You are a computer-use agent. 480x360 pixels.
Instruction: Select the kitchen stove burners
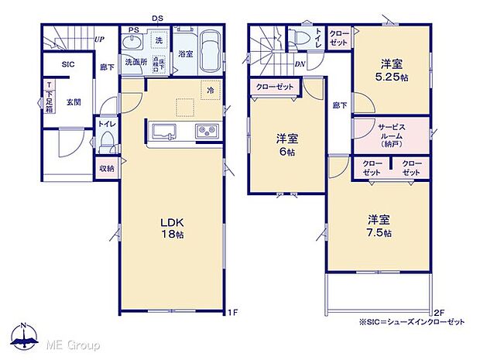205,130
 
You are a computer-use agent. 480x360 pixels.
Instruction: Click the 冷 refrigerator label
210,90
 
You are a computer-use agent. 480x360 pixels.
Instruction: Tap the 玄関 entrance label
74,101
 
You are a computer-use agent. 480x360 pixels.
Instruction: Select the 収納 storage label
106,168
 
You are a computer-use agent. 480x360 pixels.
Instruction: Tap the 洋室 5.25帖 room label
389,69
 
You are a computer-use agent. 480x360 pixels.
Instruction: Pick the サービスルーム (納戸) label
389,133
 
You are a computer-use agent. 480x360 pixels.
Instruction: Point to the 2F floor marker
440,311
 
